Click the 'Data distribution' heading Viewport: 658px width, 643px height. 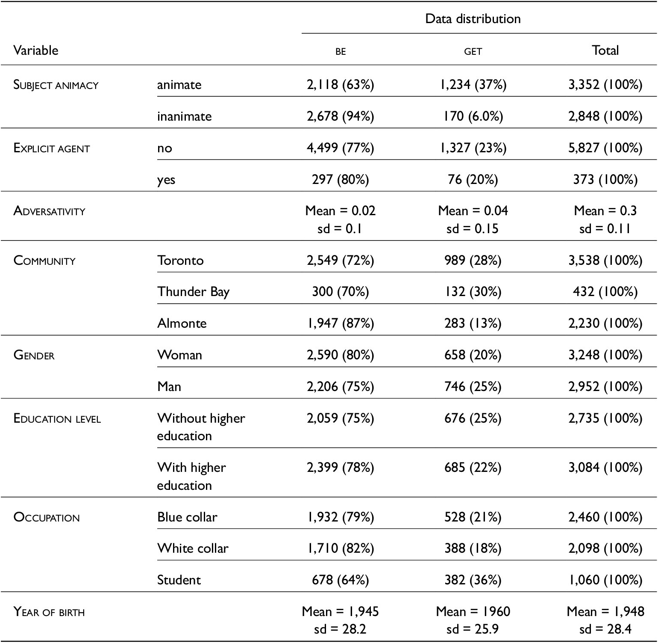coord(473,19)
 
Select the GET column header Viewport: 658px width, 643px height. coord(473,51)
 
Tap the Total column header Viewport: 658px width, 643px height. coord(605,50)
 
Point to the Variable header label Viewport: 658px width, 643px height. coord(36,50)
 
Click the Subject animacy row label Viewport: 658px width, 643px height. coord(56,85)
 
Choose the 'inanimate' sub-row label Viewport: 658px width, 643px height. coord(184,116)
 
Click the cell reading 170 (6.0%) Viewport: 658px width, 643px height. coord(473,116)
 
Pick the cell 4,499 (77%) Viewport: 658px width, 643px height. coord(341,148)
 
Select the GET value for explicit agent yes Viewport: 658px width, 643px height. coord(473,179)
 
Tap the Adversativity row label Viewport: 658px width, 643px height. coord(49,211)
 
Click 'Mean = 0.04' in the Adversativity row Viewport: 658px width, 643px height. coord(473,210)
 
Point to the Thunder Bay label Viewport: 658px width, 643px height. coord(194,292)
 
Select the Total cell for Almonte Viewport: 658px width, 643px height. coord(605,323)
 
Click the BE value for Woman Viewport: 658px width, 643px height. coord(341,355)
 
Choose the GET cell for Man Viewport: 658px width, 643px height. coord(473,387)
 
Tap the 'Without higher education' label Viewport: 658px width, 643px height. coord(201,427)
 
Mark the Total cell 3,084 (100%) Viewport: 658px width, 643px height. coord(605,468)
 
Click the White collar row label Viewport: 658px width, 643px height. coord(193,548)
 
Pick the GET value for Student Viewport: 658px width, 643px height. coord(473,580)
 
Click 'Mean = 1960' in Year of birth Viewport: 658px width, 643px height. coord(473,612)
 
